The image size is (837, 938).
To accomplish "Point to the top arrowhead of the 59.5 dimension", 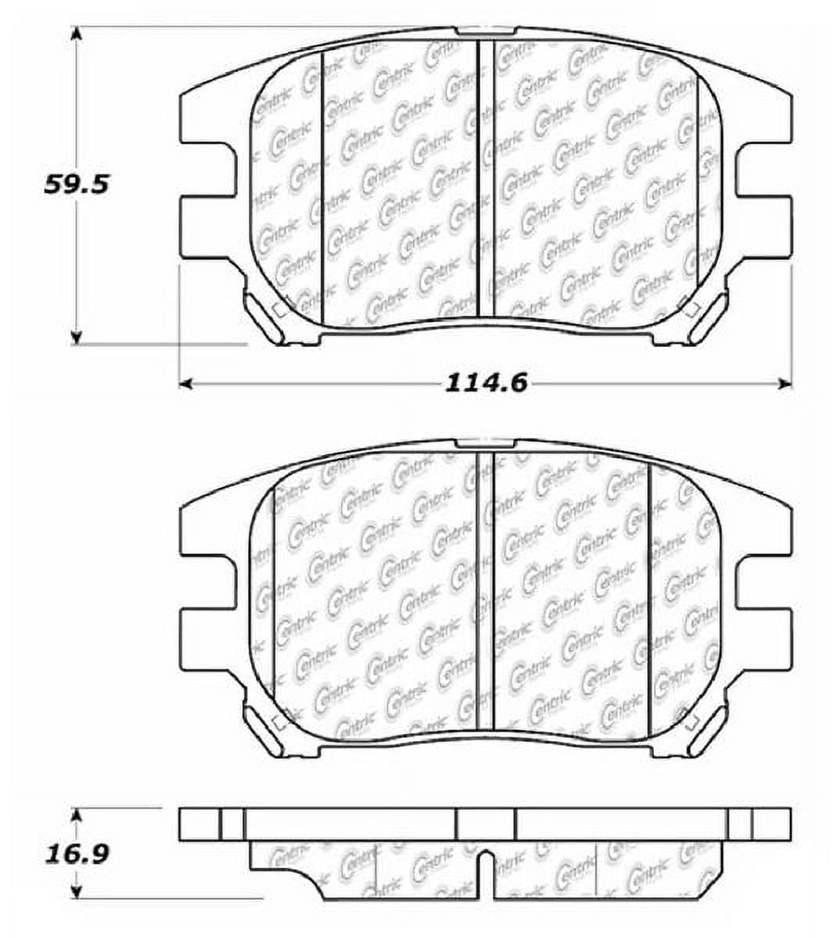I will point(76,33).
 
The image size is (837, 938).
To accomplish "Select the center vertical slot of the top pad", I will point(486,178).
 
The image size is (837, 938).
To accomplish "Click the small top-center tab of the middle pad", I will point(486,443).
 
